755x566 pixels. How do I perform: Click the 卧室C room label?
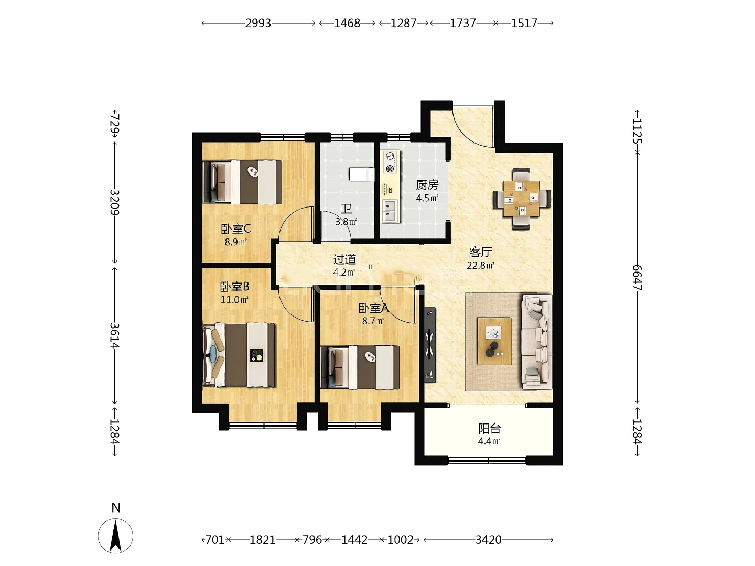[x=235, y=228]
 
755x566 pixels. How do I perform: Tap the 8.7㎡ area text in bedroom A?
[x=373, y=321]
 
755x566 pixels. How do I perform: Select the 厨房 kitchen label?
[x=427, y=185]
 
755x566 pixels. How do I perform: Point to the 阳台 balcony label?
[x=490, y=429]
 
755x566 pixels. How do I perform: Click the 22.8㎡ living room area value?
[x=480, y=265]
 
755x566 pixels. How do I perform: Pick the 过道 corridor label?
[x=344, y=259]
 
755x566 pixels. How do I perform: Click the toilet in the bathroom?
[x=361, y=175]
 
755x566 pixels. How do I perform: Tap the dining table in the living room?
[x=521, y=199]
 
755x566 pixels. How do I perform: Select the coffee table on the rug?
[x=494, y=341]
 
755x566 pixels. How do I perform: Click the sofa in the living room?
[x=537, y=342]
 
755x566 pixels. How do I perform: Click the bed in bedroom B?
[x=239, y=355]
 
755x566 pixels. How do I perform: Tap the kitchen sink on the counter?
[x=390, y=210]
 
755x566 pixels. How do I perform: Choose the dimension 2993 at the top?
[x=258, y=23]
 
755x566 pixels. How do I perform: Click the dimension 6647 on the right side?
[x=637, y=278]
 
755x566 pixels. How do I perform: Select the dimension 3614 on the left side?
[x=114, y=336]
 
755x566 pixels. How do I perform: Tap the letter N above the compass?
[x=116, y=508]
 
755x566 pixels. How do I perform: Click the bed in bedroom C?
[x=243, y=182]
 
